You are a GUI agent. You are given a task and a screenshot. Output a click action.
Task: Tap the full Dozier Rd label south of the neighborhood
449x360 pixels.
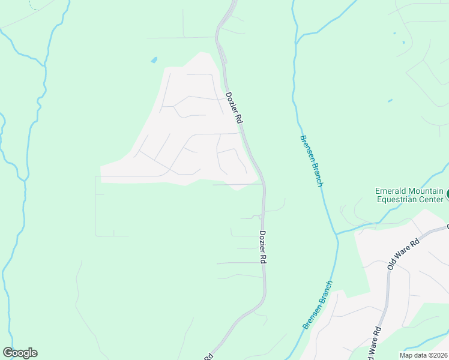click(x=263, y=247)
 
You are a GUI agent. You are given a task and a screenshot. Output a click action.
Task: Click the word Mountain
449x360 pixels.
click(x=427, y=191)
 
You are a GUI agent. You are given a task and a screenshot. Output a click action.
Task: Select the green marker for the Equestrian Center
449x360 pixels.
click(x=447, y=195)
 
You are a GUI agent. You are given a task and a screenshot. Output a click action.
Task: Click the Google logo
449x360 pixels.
click(x=20, y=353)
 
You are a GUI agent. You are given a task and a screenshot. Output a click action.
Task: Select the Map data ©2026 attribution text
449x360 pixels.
click(x=423, y=355)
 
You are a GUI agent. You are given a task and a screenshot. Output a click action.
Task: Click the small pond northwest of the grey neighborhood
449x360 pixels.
click(x=154, y=61)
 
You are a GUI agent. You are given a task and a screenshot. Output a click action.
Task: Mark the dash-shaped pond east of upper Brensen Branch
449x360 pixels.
click(x=390, y=100)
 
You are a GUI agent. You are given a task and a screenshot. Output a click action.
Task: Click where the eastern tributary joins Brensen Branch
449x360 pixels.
click(x=336, y=233)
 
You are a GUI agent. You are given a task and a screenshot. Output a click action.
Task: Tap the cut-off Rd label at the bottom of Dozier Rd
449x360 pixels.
click(x=209, y=356)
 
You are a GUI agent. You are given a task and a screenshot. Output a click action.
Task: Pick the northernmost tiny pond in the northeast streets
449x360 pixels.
click(x=394, y=33)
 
